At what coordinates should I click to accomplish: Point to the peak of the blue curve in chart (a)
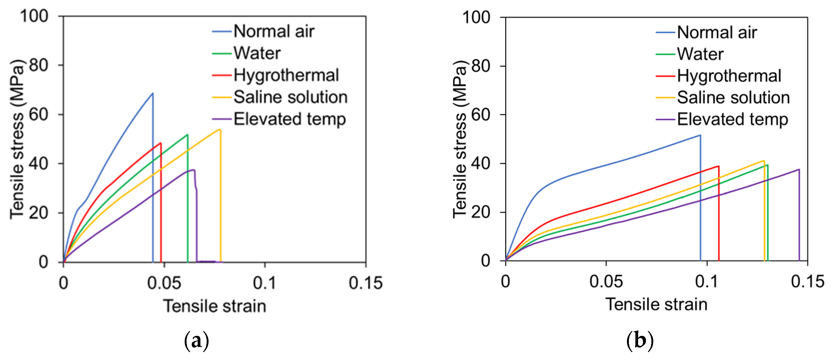152,93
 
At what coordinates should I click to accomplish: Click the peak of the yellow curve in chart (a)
220,130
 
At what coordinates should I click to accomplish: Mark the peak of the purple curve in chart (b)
799,169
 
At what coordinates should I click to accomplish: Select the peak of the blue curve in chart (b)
700,135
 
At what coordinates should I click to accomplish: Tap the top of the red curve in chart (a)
160,143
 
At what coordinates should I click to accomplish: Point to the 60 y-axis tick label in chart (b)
480,115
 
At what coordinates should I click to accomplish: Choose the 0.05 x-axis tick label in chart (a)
164,283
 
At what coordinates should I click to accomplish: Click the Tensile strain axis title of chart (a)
215,306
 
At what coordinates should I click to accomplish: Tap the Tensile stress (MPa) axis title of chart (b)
460,139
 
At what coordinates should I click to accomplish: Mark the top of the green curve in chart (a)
187,135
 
